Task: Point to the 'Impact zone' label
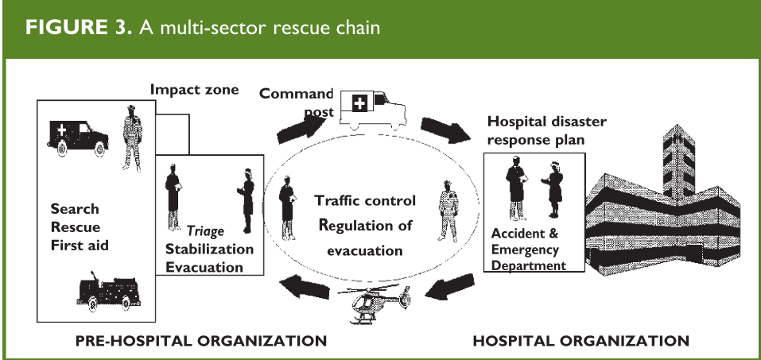click(x=194, y=89)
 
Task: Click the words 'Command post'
click(x=297, y=100)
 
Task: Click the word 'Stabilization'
click(x=209, y=249)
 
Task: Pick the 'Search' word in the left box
click(x=75, y=209)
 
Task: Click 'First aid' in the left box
click(x=79, y=246)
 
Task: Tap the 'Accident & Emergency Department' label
click(x=530, y=250)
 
